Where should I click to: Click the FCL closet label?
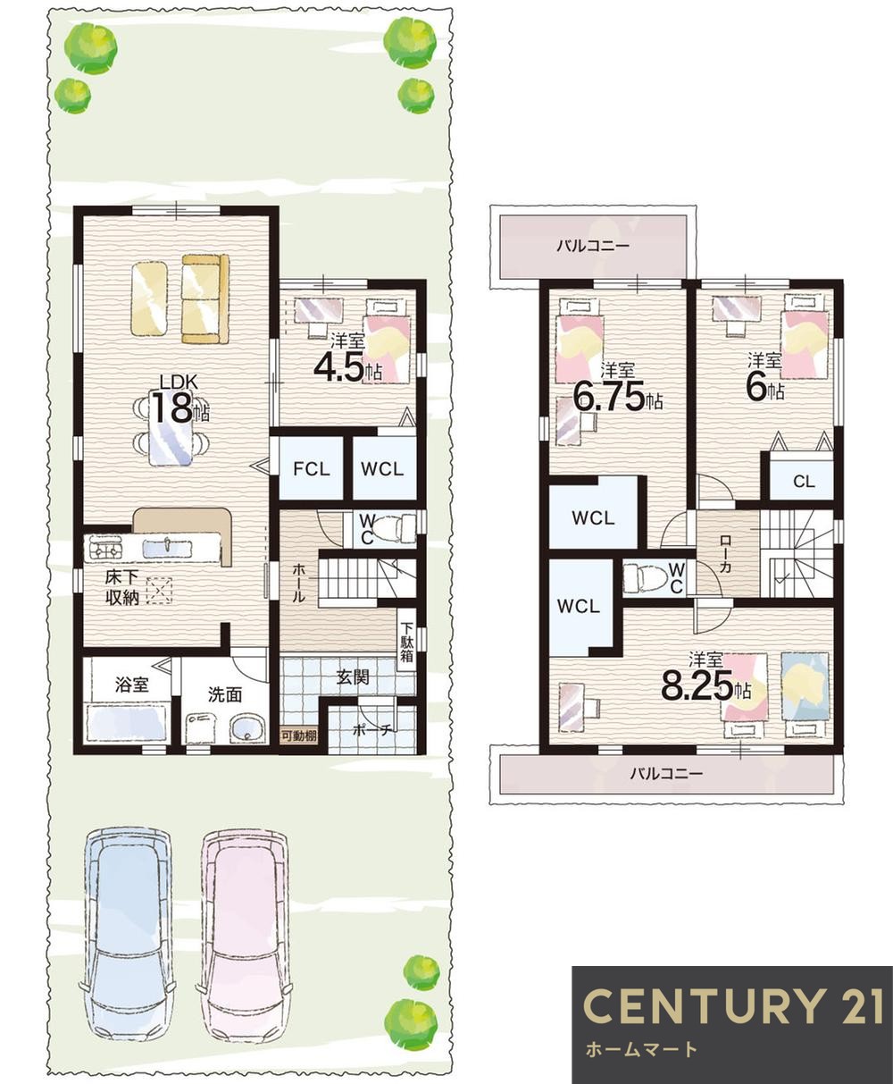click(312, 469)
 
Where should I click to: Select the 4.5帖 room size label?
click(347, 368)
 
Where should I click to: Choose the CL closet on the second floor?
click(804, 482)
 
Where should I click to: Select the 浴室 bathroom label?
click(132, 685)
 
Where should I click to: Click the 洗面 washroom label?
click(225, 694)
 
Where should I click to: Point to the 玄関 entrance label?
click(353, 676)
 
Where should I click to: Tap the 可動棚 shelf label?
click(299, 735)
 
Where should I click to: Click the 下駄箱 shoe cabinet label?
click(406, 641)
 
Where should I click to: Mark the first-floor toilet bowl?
click(393, 529)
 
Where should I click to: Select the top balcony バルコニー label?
click(593, 246)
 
